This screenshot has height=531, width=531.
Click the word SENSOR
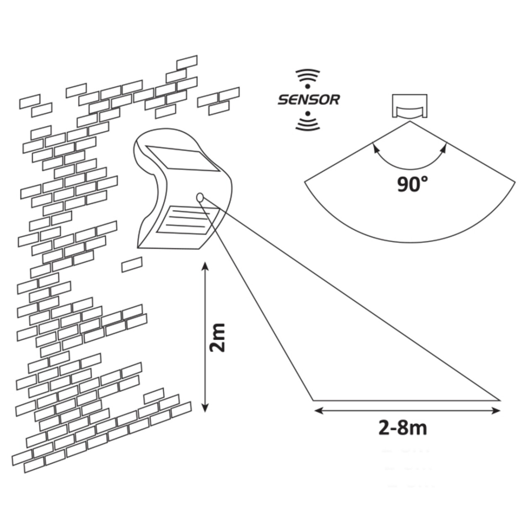(308, 99)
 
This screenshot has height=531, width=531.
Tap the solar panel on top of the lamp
(182, 160)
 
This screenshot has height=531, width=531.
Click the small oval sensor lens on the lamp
(200, 196)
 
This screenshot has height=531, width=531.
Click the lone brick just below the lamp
(132, 265)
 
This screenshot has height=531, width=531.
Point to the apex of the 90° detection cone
(410, 123)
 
